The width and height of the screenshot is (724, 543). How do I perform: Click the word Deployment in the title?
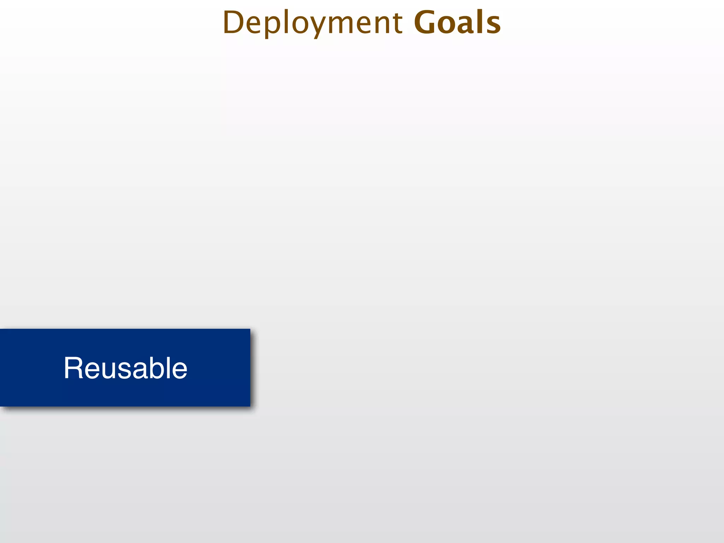coord(313,23)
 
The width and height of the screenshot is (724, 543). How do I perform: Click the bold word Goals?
coord(457,23)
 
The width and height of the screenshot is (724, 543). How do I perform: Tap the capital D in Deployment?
coord(233,23)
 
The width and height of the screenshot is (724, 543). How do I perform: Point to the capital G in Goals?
coord(426,23)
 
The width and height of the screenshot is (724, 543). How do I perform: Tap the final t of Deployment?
coord(397,23)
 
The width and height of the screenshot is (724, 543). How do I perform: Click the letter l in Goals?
coord(479,22)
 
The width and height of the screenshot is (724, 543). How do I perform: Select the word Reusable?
coord(125,368)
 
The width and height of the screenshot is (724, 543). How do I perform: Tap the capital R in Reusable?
coord(73,368)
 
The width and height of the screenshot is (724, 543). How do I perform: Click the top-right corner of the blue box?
coord(250,329)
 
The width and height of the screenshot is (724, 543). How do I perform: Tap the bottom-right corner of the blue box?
coord(250,406)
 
